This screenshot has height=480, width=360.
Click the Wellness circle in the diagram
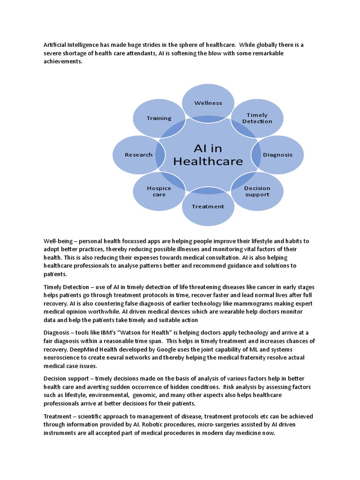pos(208,103)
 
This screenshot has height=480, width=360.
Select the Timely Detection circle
pos(257,118)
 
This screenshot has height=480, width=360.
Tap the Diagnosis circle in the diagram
pos(277,155)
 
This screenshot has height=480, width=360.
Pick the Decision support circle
pos(257,191)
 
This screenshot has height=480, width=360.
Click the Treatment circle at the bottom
pos(208,206)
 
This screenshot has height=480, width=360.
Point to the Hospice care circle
pos(159,191)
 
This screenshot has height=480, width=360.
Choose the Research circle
pos(139,155)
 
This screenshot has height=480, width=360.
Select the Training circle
pos(159,118)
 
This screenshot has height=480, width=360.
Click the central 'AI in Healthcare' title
pos(208,155)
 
